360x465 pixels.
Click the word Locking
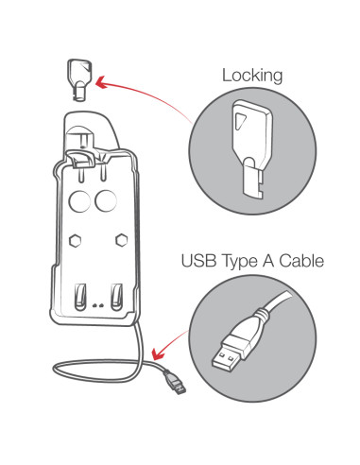click(x=252, y=76)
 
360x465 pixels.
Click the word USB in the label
click(x=198, y=261)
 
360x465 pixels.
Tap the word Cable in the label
click(x=301, y=261)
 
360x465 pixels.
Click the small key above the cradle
click(x=79, y=80)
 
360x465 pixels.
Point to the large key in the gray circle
click(x=252, y=148)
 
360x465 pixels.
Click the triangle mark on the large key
click(x=240, y=121)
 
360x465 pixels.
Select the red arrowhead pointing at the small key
click(x=102, y=82)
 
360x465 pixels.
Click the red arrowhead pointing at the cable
click(x=158, y=353)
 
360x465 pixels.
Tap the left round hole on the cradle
click(x=79, y=200)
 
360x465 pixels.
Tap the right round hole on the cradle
click(x=106, y=200)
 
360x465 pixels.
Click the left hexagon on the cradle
click(x=75, y=241)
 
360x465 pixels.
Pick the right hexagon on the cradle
click(x=121, y=240)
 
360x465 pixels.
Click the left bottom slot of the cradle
click(x=80, y=297)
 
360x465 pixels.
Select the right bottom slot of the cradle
click(x=117, y=297)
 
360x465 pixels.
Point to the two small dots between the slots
click(x=98, y=305)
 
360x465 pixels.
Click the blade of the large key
click(x=253, y=178)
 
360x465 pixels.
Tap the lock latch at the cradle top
click(x=82, y=159)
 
